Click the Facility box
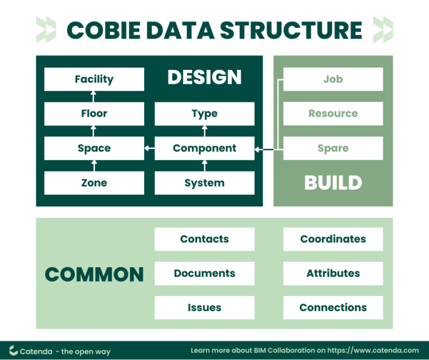(94, 79)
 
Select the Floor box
(94, 114)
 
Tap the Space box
(94, 149)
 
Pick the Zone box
(94, 183)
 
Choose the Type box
(204, 114)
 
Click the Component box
(204, 149)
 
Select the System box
(204, 183)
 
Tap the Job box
(333, 79)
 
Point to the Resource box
(333, 114)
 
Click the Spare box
(333, 149)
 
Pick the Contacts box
(204, 239)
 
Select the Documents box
(204, 273)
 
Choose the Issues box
(204, 307)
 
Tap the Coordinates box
(333, 239)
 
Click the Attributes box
(333, 273)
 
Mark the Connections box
(333, 307)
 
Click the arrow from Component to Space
(149, 149)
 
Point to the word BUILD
(333, 183)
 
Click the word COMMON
(94, 274)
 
